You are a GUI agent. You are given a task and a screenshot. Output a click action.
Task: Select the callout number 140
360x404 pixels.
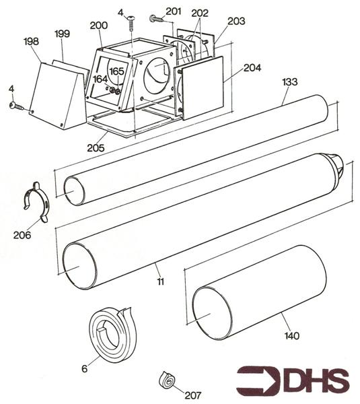pyautogui.click(x=292, y=335)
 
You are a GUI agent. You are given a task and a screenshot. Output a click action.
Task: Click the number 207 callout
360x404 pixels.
pyautogui.click(x=194, y=395)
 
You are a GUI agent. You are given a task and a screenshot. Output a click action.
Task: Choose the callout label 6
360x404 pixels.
pyautogui.click(x=85, y=368)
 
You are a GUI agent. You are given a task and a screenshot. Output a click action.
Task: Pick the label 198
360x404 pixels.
pyautogui.click(x=32, y=42)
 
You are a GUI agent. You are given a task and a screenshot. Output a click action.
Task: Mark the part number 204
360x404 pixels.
pyautogui.click(x=252, y=69)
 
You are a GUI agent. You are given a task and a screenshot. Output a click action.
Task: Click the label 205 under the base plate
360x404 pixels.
pyautogui.click(x=96, y=147)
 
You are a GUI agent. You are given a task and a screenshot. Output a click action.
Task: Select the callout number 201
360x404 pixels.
pyautogui.click(x=173, y=11)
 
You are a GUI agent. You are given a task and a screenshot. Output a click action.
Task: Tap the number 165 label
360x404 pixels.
pyautogui.click(x=116, y=71)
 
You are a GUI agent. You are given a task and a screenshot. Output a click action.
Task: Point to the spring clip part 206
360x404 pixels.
pyautogui.click(x=34, y=200)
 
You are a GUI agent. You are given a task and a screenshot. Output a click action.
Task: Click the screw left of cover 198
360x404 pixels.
pyautogui.click(x=17, y=106)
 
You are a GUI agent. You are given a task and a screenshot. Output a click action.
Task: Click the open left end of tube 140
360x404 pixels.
pyautogui.click(x=211, y=311)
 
